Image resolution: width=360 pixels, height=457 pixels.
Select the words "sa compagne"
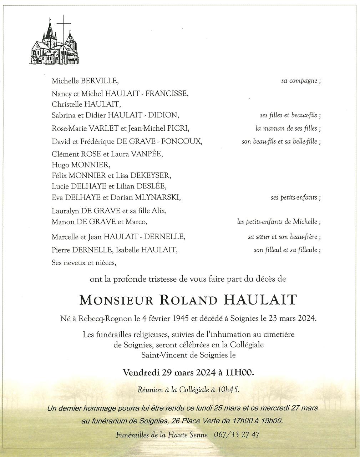click(x=299, y=81)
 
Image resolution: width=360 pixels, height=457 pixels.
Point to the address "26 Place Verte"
click(x=197, y=421)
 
